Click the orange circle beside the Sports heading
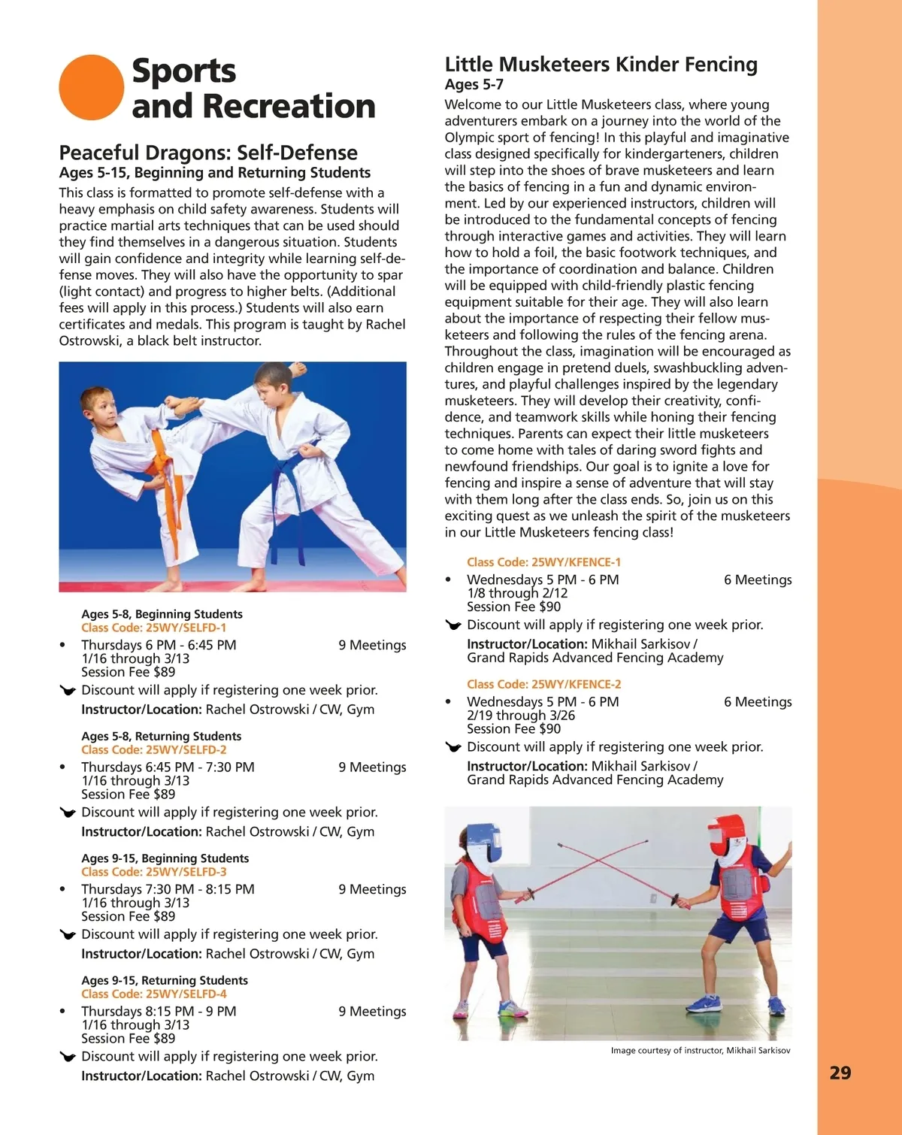pyautogui.click(x=91, y=87)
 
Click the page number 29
pyautogui.click(x=840, y=1073)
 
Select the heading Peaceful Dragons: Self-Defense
pyautogui.click(x=208, y=153)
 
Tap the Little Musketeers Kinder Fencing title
pyautogui.click(x=601, y=65)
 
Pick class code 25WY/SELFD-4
pyautogui.click(x=153, y=994)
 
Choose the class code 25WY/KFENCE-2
pyautogui.click(x=543, y=684)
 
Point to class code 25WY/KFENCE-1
pyautogui.click(x=543, y=562)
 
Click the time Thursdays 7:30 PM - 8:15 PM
pyautogui.click(x=168, y=889)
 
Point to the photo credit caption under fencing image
pyautogui.click(x=700, y=1051)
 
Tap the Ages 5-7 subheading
pyautogui.click(x=474, y=85)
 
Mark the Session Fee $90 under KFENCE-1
pyautogui.click(x=513, y=607)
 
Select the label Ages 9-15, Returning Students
pyautogui.click(x=165, y=980)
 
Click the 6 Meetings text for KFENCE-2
pyautogui.click(x=757, y=702)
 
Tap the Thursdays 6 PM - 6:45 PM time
pyautogui.click(x=159, y=645)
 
